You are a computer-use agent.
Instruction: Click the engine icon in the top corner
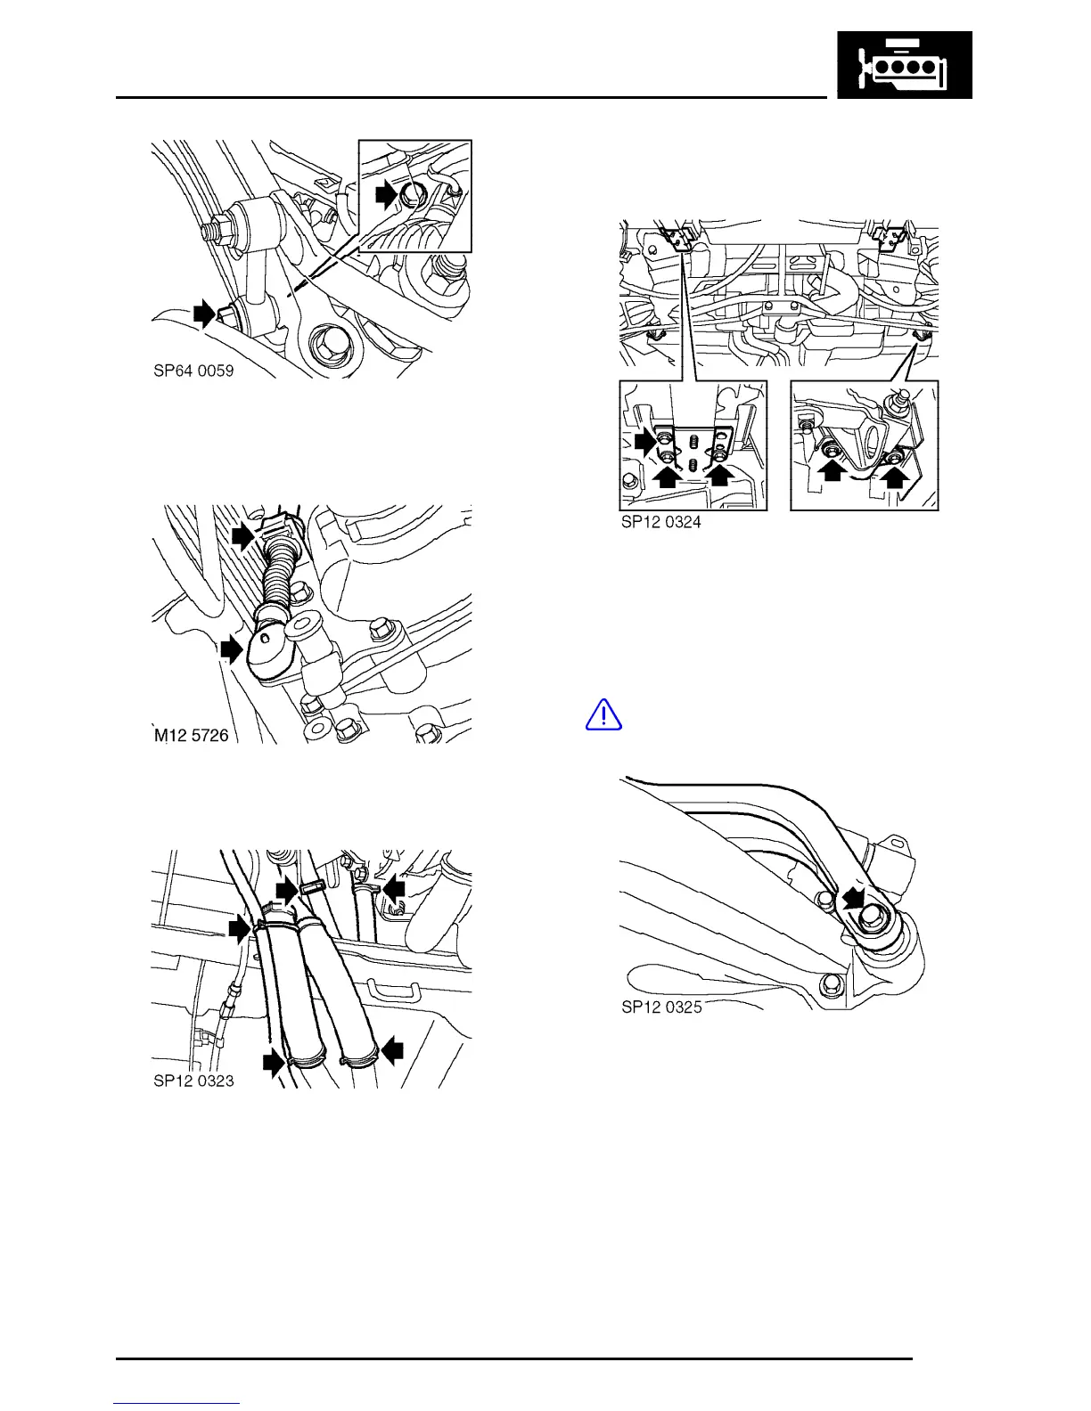[x=904, y=65]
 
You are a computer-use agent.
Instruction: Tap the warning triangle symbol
[x=603, y=714]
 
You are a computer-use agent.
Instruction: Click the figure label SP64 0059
[x=193, y=371]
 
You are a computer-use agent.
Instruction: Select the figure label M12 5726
[x=192, y=735]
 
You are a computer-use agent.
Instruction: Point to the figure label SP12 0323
[x=193, y=1081]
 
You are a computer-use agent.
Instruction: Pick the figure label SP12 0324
[x=660, y=522]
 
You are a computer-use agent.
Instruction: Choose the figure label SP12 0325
[x=661, y=1007]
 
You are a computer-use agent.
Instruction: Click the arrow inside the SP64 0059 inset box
[x=386, y=193]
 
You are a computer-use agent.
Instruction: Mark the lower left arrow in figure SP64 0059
[x=205, y=313]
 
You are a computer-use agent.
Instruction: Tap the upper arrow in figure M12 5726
[x=242, y=535]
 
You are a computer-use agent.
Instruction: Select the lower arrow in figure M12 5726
[x=231, y=649]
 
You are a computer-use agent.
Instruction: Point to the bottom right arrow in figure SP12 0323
[x=393, y=1052]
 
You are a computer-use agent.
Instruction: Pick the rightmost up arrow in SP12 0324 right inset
[x=897, y=482]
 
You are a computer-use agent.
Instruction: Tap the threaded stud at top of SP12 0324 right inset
[x=899, y=398]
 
